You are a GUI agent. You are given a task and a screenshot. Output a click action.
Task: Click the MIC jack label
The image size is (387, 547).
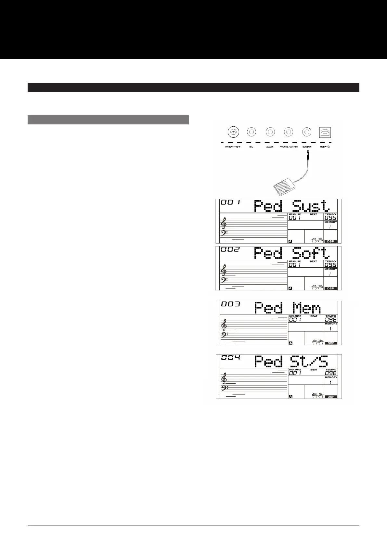point(251,147)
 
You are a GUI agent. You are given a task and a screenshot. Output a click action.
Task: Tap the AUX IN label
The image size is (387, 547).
point(270,147)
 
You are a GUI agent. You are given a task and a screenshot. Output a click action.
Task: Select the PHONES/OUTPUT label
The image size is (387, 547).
point(289,147)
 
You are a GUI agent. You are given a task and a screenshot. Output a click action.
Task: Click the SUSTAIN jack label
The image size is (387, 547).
point(307,147)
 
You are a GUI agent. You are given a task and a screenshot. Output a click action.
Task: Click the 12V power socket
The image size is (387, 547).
point(233,132)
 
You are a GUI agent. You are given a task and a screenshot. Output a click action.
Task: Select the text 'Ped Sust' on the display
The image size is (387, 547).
point(291,206)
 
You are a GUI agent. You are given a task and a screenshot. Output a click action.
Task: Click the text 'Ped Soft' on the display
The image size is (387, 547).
point(291,253)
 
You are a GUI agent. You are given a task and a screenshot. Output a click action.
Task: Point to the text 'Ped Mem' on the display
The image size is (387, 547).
point(287,308)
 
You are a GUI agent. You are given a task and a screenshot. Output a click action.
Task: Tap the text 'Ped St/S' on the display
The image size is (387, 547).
point(291,362)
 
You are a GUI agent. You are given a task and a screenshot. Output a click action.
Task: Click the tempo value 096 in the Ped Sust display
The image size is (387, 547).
point(330,218)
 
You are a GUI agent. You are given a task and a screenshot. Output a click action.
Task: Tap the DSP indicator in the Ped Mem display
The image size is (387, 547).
point(330,343)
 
